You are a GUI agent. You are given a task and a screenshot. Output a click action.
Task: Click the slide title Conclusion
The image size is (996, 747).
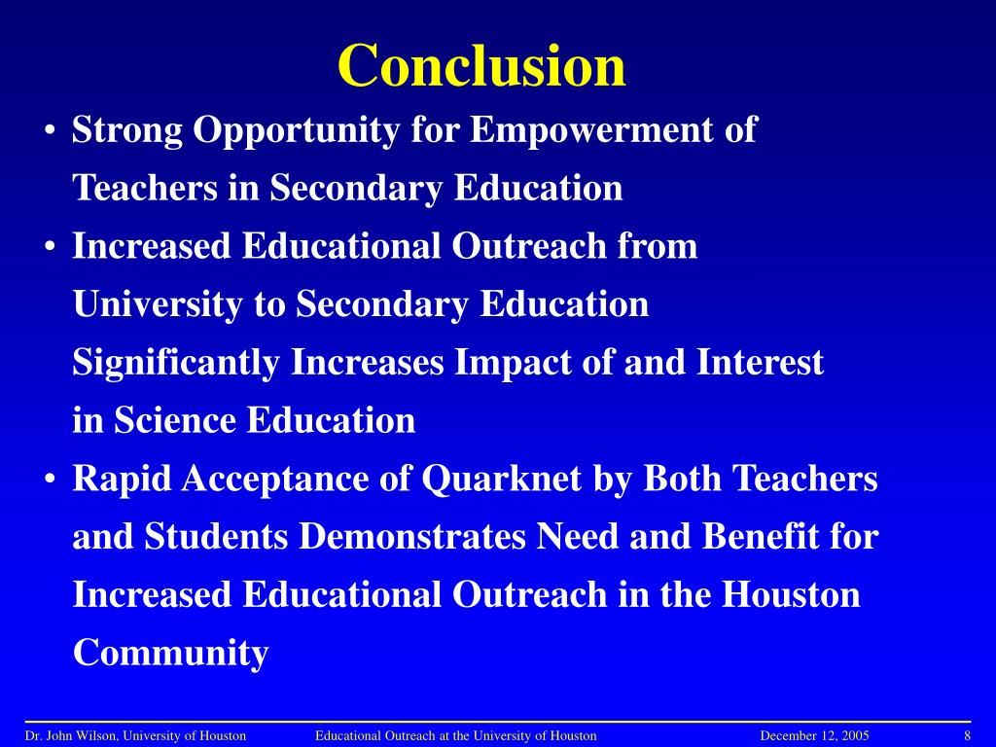[x=481, y=66]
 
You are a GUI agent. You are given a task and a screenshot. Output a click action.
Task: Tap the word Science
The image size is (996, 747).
[x=177, y=421]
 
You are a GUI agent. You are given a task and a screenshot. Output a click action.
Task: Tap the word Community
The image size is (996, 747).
[x=170, y=654]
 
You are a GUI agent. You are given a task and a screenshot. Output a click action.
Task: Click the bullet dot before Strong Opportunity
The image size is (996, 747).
[x=49, y=131]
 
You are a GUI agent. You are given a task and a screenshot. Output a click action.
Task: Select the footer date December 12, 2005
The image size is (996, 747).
[x=814, y=736]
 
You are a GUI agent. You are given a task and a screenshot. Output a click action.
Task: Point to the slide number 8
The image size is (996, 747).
[x=968, y=736]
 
